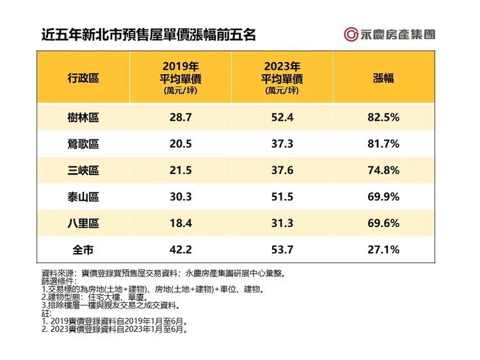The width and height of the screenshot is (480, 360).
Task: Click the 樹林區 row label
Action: coord(83,118)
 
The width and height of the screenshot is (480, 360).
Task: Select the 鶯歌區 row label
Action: coord(83,145)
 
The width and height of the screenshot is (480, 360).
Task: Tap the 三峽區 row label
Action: coord(83,171)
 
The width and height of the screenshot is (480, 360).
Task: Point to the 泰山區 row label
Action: coord(83,198)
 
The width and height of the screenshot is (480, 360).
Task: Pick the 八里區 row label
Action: coord(83,224)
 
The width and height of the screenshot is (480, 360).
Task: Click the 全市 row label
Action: coord(83,250)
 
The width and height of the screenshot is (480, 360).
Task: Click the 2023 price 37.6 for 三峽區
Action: coord(282,171)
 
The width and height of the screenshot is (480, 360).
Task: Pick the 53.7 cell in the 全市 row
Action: coord(282,250)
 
